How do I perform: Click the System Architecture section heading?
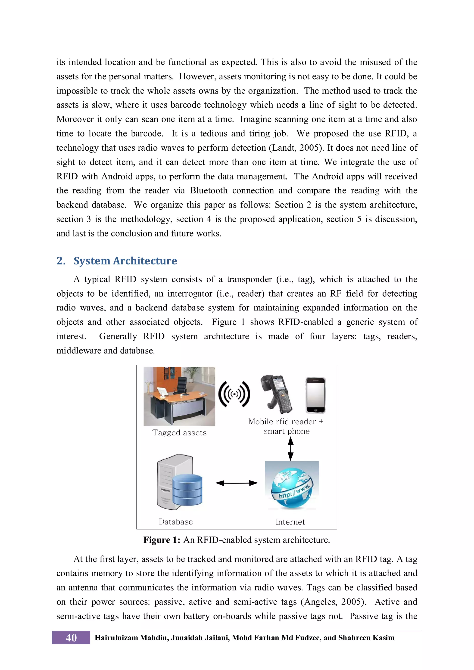coord(125,261)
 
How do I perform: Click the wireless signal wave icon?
coord(234,394)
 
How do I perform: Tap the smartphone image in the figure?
coord(315,395)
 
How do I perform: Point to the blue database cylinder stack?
coord(187,490)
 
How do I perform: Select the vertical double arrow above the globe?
coord(290,449)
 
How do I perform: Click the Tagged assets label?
coord(179,433)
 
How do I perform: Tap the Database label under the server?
coord(176,522)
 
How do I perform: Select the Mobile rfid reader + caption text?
coord(286,422)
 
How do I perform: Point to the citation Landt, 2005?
coord(296,148)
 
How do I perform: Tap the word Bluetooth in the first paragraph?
coord(208,191)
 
